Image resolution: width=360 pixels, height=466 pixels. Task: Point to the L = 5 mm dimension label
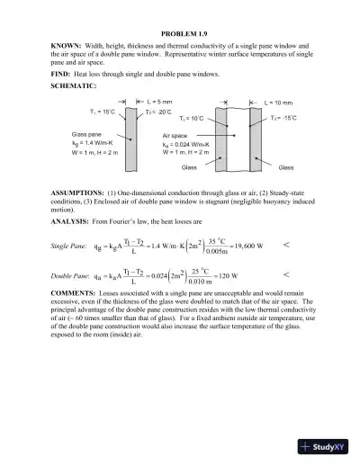pos(150,102)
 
